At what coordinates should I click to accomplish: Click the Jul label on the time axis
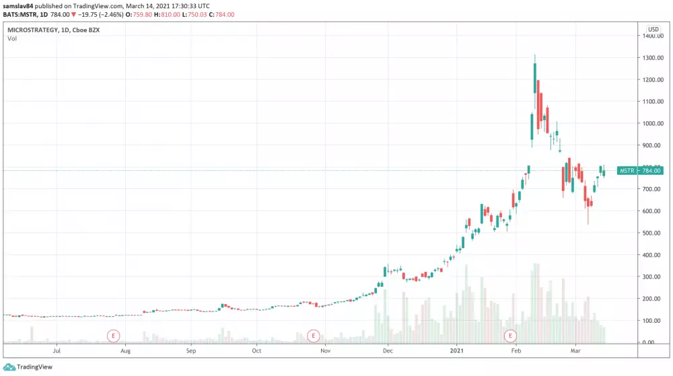57,351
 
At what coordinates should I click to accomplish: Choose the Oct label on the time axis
256,351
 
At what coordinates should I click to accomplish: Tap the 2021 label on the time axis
457,351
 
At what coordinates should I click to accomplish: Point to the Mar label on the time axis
576,351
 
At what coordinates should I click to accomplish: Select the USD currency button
653,29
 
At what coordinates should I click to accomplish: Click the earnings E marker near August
114,334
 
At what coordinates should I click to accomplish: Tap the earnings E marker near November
312,334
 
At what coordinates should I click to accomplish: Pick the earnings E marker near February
511,334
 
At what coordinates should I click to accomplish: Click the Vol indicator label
12,39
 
